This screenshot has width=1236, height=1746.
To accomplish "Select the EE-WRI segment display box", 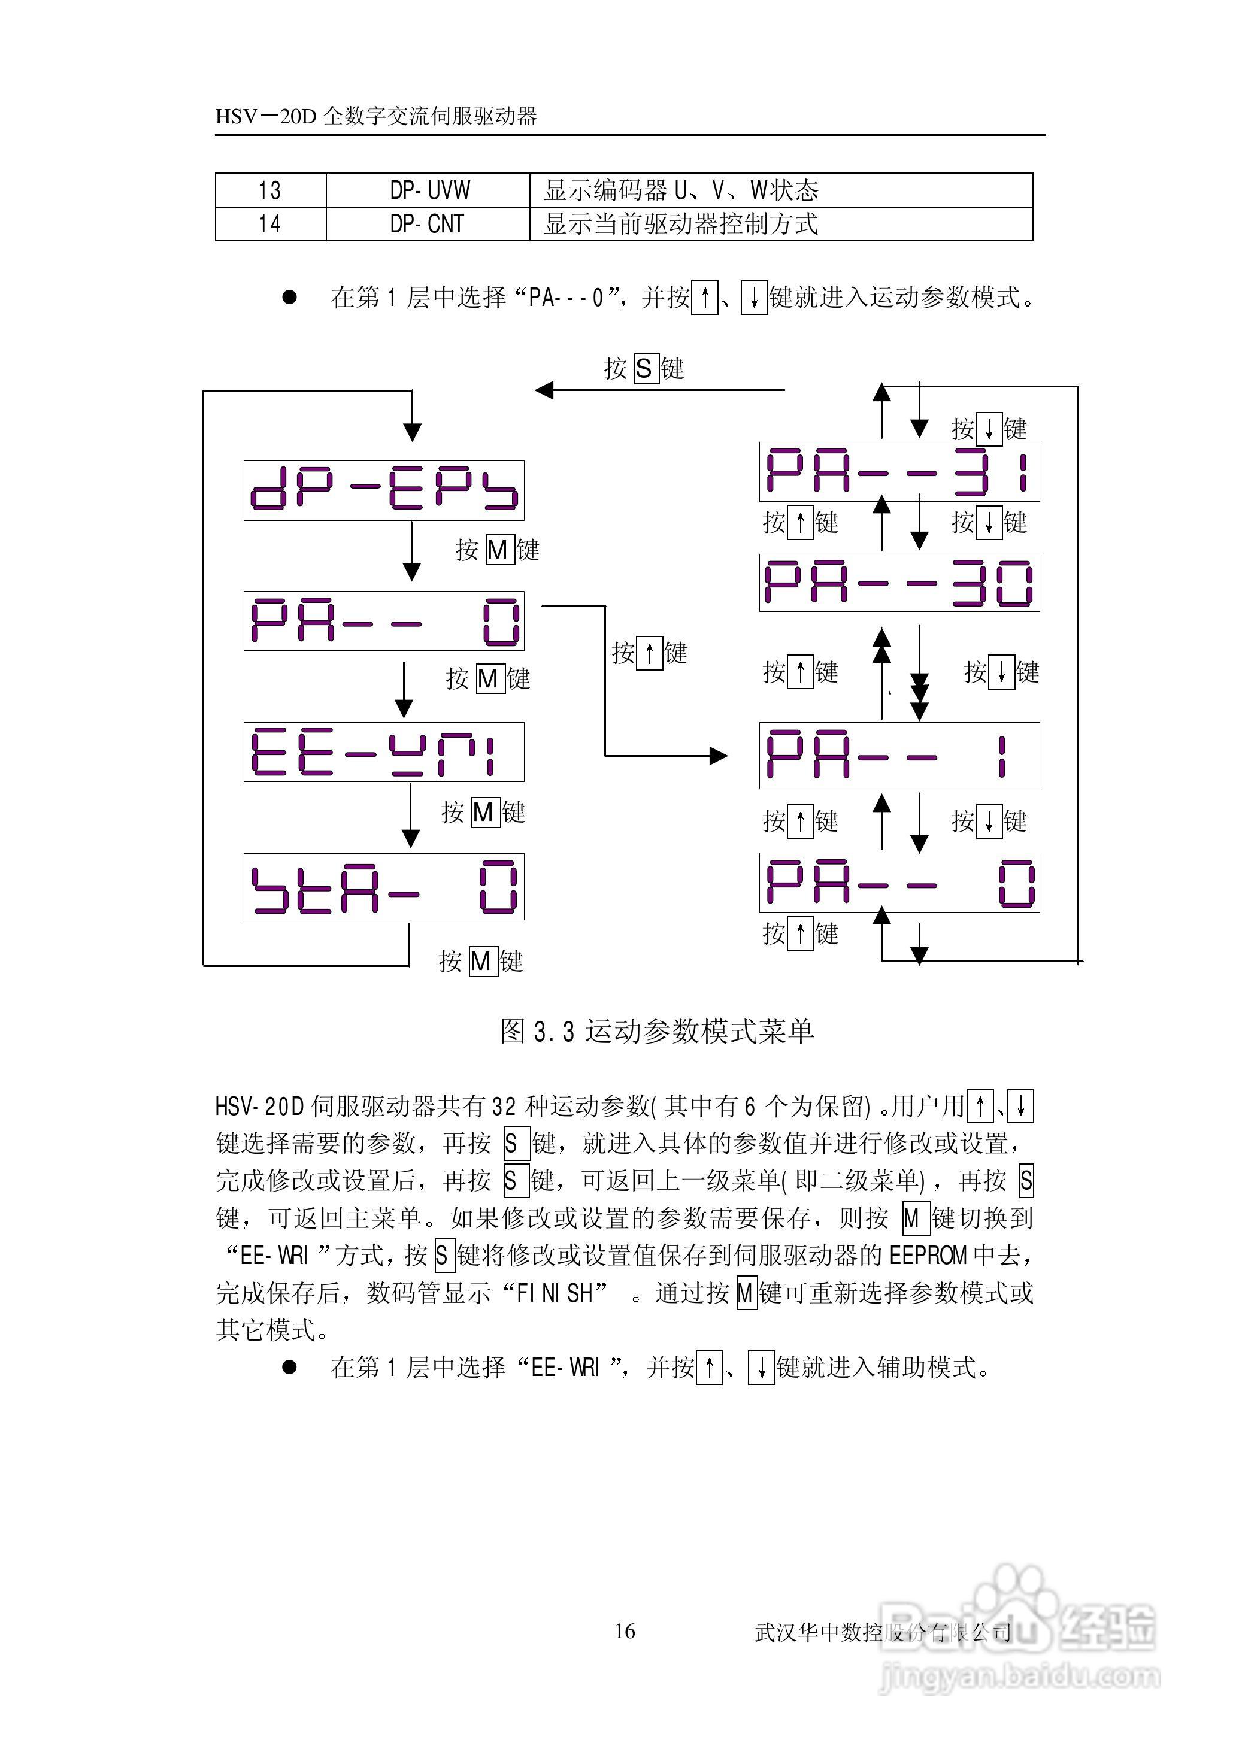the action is coord(384,751).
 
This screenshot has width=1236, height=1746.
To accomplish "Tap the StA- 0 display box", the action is coord(384,886).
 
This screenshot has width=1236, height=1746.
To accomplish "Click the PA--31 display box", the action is coord(899,472).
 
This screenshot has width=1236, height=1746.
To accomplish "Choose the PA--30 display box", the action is coord(899,583).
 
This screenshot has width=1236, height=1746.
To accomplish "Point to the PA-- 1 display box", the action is coord(899,756).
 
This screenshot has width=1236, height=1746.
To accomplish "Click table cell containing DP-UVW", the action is coord(429,189).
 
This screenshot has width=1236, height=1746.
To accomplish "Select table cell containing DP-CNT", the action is coord(427,224).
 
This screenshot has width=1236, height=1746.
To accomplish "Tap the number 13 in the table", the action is coord(269,189).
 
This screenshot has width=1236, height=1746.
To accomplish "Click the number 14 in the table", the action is coord(269,224).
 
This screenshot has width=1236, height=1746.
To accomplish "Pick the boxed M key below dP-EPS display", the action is coord(497,549).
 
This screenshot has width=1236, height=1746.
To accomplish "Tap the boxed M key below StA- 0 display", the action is coord(480,962).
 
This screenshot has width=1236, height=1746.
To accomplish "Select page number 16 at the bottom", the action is coord(624,1630).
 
